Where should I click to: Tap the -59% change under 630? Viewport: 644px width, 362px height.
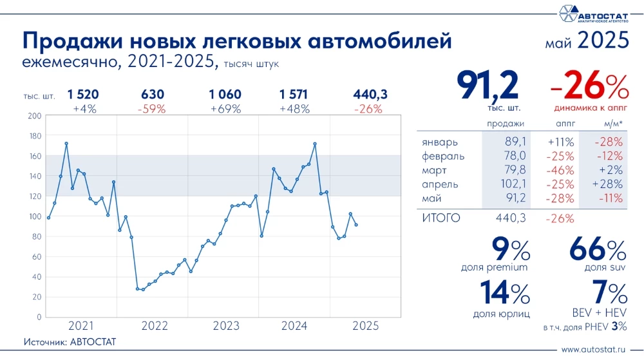[151, 109]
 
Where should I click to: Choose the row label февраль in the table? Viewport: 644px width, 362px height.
[443, 156]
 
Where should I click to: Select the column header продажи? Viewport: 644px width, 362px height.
[505, 123]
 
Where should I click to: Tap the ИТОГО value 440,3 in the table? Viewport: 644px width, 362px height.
[511, 218]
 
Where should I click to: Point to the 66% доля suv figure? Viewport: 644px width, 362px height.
[598, 250]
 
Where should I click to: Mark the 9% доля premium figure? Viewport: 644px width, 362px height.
[510, 250]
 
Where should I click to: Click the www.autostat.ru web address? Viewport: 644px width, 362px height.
[594, 350]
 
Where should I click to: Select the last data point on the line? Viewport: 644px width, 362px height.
[357, 225]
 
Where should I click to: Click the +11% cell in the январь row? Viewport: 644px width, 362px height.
[560, 142]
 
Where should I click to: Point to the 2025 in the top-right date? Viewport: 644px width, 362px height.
[603, 41]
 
